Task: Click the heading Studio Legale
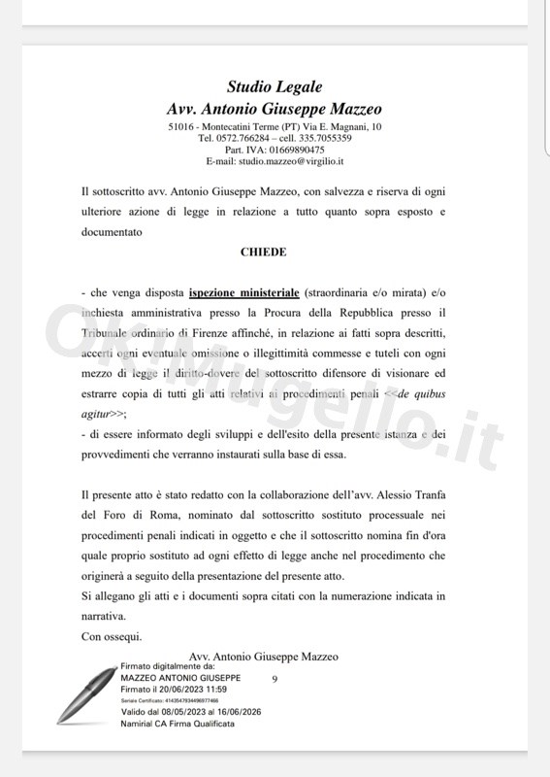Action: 275,88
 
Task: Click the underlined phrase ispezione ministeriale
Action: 243,291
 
